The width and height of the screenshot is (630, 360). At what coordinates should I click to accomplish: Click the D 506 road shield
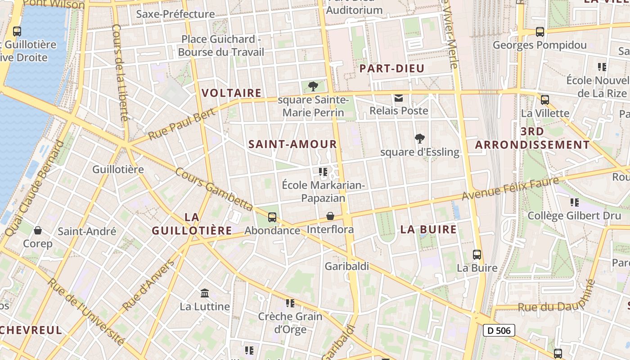499,330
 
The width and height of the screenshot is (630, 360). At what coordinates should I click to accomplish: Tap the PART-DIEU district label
392,68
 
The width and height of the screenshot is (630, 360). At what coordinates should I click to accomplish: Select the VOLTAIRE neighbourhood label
231,93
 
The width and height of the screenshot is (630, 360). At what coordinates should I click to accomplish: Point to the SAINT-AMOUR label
292,144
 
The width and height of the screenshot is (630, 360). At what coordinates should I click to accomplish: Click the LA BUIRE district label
428,229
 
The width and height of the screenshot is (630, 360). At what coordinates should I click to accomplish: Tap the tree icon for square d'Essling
420,139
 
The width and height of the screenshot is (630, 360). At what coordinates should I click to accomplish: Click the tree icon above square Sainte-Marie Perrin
313,86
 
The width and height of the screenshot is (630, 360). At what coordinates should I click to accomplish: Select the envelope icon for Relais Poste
398,98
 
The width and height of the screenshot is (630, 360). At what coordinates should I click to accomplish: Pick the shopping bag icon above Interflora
330,216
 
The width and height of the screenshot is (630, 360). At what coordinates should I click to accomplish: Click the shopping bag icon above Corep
38,230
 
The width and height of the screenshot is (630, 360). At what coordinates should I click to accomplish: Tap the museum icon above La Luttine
205,293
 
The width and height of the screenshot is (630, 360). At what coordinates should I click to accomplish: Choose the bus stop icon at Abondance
272,217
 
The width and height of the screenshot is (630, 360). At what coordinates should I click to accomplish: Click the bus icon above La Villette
545,99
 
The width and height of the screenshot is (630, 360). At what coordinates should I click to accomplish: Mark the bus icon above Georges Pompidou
540,32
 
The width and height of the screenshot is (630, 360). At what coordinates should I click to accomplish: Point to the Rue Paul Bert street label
175,126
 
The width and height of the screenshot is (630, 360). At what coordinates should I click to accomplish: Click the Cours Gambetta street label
214,189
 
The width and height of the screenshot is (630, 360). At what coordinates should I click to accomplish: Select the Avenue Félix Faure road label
510,189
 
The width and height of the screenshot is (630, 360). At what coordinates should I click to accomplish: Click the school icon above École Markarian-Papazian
323,172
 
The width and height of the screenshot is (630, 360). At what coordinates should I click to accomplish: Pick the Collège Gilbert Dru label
574,216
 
